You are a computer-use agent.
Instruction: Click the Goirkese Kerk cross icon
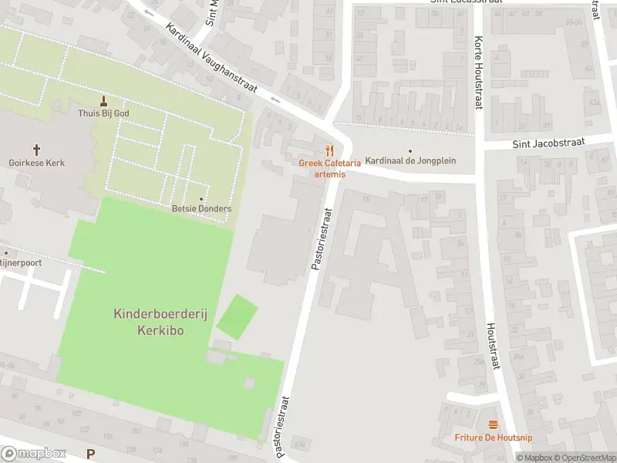(x=36, y=149)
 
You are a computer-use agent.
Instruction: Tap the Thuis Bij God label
(x=104, y=113)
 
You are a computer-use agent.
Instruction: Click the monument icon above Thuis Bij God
(x=104, y=100)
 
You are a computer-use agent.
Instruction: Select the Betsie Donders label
(x=201, y=208)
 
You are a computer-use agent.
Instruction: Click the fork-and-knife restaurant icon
(x=330, y=150)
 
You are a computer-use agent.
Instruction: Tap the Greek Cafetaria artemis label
(x=330, y=168)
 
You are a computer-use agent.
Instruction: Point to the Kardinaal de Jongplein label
(x=410, y=161)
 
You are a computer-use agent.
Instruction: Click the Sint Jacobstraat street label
(x=549, y=144)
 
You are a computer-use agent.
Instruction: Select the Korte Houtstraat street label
(x=479, y=73)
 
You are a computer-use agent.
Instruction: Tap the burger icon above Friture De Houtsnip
(x=493, y=424)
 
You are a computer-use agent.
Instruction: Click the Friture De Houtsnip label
(x=493, y=438)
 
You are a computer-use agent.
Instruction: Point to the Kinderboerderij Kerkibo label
(x=150, y=322)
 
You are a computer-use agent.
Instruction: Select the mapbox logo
(x=33, y=454)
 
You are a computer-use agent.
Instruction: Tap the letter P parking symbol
(x=92, y=455)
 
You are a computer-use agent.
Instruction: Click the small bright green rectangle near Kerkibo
(x=237, y=316)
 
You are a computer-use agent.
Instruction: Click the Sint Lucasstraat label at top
(x=461, y=2)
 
